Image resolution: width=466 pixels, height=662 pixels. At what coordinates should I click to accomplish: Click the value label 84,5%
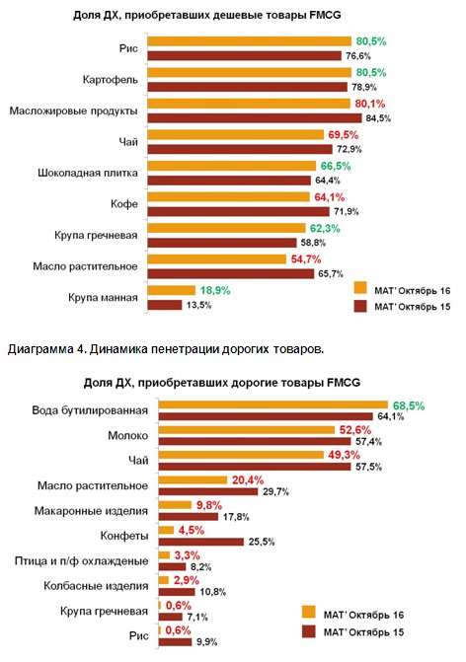point(378,118)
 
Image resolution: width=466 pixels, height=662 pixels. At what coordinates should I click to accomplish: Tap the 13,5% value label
point(198,305)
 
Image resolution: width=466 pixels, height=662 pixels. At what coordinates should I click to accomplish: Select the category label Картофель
point(111,80)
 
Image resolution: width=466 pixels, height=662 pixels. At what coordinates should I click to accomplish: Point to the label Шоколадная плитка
point(88,173)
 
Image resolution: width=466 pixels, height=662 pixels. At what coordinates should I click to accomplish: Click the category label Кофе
point(124,204)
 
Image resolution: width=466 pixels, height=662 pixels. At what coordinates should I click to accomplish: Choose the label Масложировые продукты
point(73,111)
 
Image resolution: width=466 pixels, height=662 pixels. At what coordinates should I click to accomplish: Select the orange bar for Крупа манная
point(171,290)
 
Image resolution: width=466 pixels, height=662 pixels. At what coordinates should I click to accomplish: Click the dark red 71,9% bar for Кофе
point(238,211)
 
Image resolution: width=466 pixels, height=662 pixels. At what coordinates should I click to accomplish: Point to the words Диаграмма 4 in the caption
point(46,349)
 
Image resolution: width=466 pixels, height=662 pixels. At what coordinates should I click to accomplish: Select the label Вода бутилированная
point(90,410)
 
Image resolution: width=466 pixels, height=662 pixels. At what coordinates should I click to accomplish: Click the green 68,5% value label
point(409,405)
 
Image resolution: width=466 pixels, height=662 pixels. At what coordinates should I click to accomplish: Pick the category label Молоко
point(128,435)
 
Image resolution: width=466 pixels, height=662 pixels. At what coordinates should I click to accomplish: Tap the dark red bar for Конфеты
point(201,542)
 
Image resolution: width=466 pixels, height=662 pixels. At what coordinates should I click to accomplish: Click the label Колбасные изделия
point(96,586)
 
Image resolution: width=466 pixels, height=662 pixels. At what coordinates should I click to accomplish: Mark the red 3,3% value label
point(188,555)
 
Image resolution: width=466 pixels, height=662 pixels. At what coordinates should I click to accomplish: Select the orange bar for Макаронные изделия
point(175,505)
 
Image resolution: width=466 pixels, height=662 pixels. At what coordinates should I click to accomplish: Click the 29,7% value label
point(275,492)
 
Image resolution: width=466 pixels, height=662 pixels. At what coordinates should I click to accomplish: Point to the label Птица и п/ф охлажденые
point(82,561)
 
